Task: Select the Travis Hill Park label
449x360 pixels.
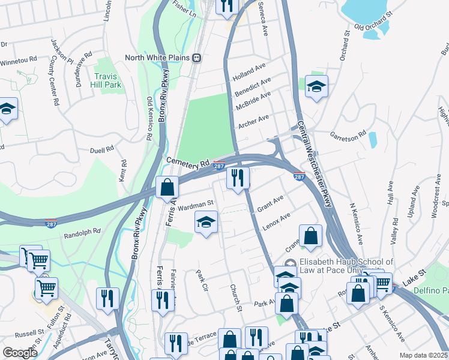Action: [x=108, y=80]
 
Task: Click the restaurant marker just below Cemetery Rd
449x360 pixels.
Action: [x=238, y=178]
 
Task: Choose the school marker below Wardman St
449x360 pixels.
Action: [x=206, y=223]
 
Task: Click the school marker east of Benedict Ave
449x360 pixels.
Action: [x=316, y=87]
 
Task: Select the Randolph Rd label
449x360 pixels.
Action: [x=82, y=232]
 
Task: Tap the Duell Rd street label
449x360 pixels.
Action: [x=101, y=150]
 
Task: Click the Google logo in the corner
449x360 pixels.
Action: [x=20, y=353]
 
